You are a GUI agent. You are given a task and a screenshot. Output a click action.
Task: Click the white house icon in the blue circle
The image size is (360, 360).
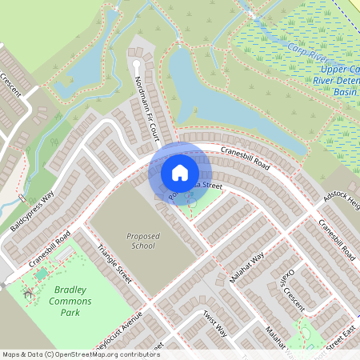[180, 172]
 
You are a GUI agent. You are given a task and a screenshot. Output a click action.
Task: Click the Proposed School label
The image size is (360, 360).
[143, 242]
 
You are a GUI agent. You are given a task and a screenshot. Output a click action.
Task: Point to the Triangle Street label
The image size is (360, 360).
[114, 264]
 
